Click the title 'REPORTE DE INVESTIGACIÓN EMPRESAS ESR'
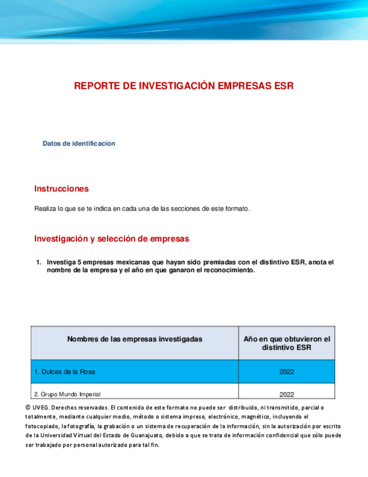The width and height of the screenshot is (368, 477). coord(184,85)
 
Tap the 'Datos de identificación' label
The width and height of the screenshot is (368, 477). coord(79,143)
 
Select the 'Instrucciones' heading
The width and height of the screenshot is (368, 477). coord(61,188)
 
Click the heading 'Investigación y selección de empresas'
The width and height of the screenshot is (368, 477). coord(111,238)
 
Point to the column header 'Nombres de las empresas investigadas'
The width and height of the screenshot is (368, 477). coord(135,339)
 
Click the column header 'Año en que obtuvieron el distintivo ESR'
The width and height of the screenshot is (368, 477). coord(287,343)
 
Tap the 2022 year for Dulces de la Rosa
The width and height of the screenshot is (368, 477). coord(287,372)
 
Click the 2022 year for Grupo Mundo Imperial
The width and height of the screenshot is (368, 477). coord(287,394)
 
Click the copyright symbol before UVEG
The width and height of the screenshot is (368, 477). coord(28,407)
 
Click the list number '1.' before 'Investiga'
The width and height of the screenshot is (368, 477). coord(39,262)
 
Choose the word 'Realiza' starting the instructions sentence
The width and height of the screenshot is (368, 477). coord(46,209)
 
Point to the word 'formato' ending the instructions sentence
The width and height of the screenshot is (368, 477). coord(237,209)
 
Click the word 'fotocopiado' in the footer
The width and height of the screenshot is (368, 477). coord(43,426)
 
